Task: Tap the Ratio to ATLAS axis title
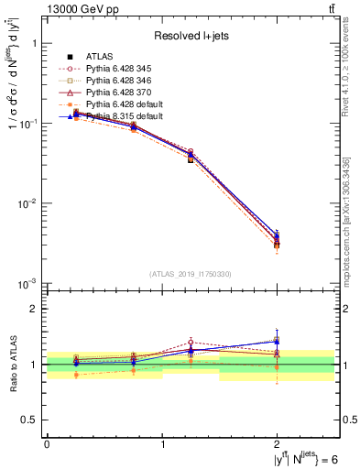pyautogui.click(x=12, y=364)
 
